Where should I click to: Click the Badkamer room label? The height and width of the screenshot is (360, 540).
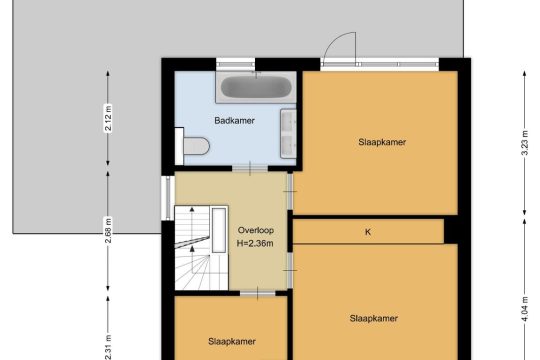tap(234, 121)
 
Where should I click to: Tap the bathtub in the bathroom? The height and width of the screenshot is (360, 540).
tap(256, 87)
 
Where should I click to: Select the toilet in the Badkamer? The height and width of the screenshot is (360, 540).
tap(193, 146)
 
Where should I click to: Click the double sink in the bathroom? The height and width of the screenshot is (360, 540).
tap(288, 134)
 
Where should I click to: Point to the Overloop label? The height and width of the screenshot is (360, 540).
tap(256, 230)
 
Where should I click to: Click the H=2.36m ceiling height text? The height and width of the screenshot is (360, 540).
tap(255, 244)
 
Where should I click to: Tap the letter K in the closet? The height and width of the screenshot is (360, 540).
tap(368, 232)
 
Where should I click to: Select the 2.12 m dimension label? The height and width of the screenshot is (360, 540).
tap(108, 118)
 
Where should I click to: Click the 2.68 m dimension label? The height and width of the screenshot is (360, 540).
tap(108, 230)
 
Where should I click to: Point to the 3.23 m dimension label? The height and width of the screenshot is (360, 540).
tap(525, 143)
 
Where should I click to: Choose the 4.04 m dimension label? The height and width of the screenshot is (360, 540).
tap(525, 309)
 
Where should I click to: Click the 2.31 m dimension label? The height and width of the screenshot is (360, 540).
tap(108, 347)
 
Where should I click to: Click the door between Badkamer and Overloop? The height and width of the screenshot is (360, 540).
tap(250, 168)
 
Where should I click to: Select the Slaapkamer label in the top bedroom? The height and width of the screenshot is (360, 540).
tap(382, 142)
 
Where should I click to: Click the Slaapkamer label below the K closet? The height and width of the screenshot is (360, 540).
tap(374, 318)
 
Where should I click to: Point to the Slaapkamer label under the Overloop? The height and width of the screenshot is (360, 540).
tap(232, 341)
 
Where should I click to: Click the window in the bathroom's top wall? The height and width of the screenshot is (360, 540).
tap(236, 64)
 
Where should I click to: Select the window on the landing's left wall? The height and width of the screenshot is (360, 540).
tap(168, 198)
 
